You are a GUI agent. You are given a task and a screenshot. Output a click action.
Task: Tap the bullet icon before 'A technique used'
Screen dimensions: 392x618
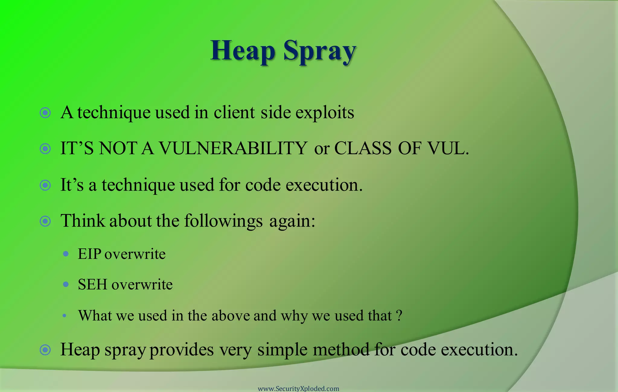(x=45, y=113)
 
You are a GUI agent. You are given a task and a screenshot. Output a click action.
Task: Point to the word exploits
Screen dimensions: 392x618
(x=324, y=113)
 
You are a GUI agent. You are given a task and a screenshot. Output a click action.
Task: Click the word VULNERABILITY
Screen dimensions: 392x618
(x=233, y=148)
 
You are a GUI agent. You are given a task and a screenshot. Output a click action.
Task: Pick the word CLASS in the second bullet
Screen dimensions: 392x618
(x=363, y=148)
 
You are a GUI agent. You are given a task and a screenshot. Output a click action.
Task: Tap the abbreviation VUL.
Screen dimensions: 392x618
(x=448, y=148)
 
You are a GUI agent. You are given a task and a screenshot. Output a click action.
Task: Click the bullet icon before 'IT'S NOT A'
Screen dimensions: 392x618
(x=45, y=149)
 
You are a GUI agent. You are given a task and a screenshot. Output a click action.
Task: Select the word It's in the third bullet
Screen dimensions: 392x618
(x=72, y=185)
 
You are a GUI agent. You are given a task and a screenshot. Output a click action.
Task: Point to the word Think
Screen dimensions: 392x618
(x=82, y=220)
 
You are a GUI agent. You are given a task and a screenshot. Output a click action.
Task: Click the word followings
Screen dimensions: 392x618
(x=223, y=221)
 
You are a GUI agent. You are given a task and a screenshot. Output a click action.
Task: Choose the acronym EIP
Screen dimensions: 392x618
(x=89, y=254)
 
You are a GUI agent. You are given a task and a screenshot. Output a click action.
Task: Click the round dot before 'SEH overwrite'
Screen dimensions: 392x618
(x=66, y=284)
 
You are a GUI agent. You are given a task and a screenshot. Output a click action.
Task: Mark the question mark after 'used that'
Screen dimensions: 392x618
(x=399, y=315)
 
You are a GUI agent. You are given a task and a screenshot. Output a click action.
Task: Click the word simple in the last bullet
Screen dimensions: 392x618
(x=282, y=350)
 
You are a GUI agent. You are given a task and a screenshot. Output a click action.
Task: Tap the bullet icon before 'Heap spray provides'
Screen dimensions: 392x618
(x=45, y=350)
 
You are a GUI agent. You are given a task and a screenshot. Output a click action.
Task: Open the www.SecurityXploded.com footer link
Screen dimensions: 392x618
(x=298, y=388)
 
